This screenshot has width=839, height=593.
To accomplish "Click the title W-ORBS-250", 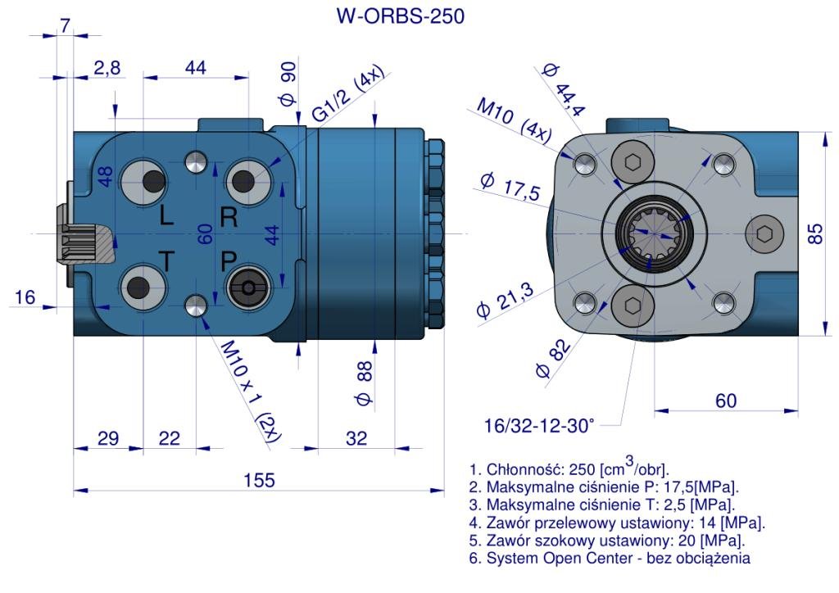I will tap(400, 16).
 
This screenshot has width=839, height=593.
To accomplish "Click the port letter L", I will tap(166, 217).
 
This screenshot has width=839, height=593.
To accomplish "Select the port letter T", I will tap(166, 261).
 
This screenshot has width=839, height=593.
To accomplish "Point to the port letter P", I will tap(229, 261).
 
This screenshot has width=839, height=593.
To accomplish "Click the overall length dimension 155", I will tap(258, 479).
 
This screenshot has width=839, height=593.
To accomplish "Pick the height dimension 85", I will tap(814, 233).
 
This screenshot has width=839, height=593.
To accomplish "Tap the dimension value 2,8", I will tap(107, 68).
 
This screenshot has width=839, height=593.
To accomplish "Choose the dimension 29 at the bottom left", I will tap(107, 438).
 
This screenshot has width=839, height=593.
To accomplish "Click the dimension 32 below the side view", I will tap(356, 438).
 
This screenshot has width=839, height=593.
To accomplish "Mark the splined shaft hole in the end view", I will tap(651, 233).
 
